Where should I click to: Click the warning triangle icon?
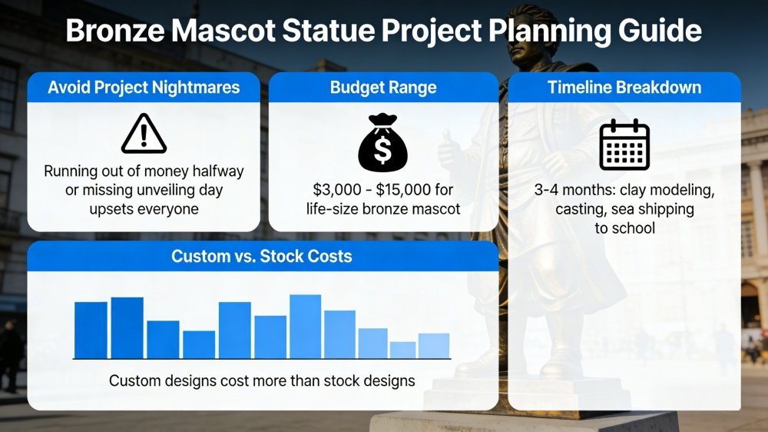(x=144, y=134)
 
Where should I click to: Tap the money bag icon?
(x=383, y=142)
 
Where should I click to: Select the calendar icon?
(x=624, y=145)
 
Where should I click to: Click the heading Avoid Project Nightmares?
(x=144, y=88)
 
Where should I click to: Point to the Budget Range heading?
(x=383, y=88)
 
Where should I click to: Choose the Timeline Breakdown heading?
(x=624, y=88)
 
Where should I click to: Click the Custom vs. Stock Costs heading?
(x=262, y=256)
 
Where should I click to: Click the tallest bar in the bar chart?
(x=305, y=326)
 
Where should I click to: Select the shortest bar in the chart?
(x=402, y=350)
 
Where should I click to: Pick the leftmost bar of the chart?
(x=91, y=330)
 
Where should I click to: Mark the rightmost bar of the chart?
(x=434, y=345)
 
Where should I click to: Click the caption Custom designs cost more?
(x=262, y=380)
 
